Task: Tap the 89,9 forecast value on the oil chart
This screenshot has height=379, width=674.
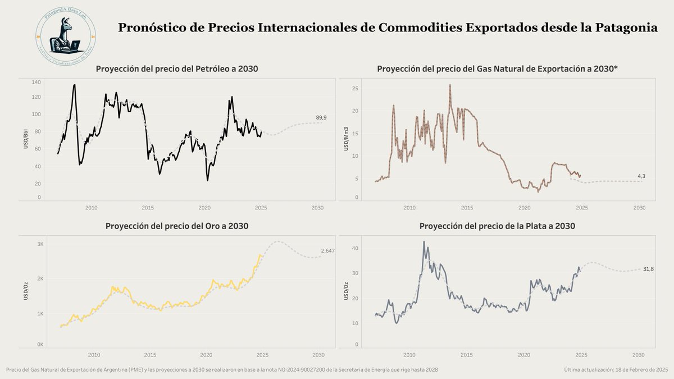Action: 321,117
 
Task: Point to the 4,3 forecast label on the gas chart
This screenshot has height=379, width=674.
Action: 641,176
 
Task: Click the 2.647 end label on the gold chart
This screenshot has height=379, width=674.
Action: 327,250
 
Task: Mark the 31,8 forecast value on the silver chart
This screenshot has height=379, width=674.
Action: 648,269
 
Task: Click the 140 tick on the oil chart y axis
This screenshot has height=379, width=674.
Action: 37,82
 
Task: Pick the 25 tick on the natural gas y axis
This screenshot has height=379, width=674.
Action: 355,88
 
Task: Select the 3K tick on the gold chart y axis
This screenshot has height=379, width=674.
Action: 40,244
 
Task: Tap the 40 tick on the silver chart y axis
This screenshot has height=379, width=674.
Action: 356,248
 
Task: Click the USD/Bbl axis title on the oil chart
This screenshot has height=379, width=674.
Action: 26,139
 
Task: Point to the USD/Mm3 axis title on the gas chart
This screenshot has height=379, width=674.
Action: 346,139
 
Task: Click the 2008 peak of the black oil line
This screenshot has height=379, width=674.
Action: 74,85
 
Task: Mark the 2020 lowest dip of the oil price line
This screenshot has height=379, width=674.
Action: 207,180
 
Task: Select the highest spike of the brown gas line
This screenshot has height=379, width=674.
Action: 450,85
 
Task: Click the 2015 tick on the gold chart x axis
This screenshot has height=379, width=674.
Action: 150,355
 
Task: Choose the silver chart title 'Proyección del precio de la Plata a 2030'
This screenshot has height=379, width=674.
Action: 497,226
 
